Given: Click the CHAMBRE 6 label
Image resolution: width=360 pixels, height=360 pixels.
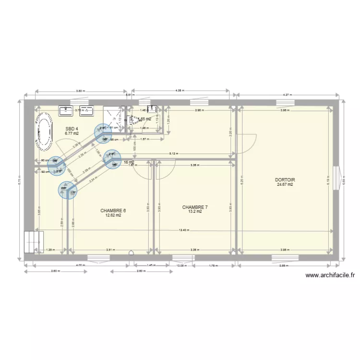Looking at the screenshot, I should point(113,211).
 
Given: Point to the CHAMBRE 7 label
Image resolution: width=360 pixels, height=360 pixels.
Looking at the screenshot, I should point(195,207).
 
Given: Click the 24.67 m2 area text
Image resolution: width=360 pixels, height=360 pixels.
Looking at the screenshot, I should point(285,184).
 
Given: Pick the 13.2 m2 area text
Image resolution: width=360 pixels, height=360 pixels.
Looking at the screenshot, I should point(195,212).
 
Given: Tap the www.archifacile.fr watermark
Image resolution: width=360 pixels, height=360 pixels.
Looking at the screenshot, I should point(330,276).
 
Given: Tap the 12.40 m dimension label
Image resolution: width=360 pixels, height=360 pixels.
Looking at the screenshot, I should point(184,230).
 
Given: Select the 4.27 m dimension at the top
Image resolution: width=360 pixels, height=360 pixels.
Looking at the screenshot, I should point(287,95).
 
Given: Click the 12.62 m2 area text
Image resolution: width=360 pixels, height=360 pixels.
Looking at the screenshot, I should point(113,216).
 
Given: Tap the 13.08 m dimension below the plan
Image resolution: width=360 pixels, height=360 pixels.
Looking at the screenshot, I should point(181,265).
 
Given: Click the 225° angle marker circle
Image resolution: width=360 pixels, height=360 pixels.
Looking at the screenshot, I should point(67,189).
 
